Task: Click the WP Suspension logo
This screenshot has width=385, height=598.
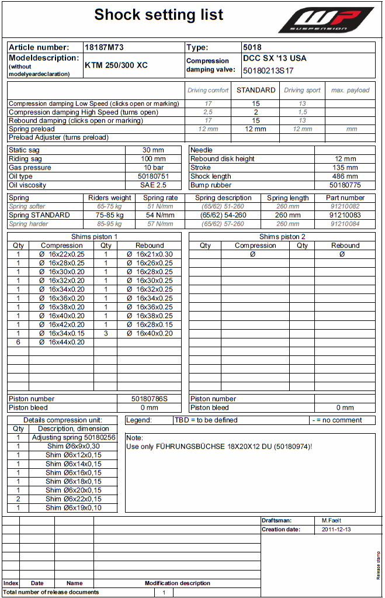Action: click(325, 20)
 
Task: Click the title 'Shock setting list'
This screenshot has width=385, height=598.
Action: click(159, 15)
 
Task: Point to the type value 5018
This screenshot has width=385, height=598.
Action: click(252, 47)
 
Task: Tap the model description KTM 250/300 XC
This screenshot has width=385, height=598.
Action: click(116, 65)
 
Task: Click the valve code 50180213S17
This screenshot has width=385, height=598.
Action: click(268, 71)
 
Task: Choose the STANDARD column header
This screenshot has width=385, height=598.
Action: click(256, 90)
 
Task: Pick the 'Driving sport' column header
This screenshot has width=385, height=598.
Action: click(302, 90)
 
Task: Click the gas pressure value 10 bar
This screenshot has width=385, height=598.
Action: click(154, 167)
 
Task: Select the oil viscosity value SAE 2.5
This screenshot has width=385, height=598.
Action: click(154, 185)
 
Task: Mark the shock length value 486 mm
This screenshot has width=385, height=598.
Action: click(345, 176)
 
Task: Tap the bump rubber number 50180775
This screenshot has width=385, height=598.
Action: click(345, 185)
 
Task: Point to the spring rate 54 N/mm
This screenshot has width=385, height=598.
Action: click(161, 215)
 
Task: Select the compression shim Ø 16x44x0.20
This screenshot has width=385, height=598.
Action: click(62, 342)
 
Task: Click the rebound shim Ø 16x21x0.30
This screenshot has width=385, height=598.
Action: click(150, 254)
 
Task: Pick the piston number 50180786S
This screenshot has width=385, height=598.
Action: click(150, 399)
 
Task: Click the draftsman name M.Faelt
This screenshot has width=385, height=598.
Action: click(331, 520)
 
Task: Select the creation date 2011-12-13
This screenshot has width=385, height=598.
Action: click(337, 530)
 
